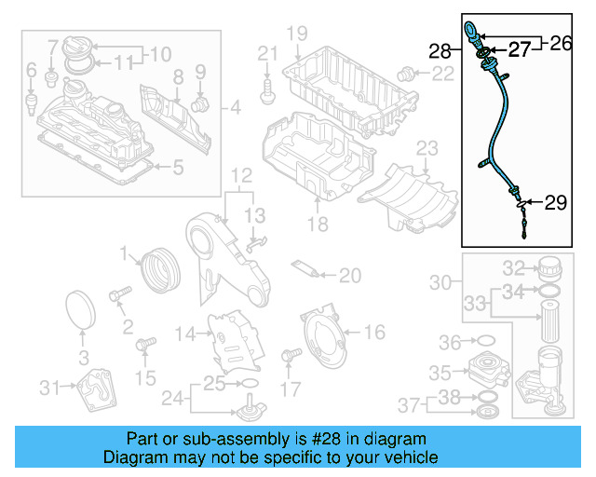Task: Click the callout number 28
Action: [x=440, y=50]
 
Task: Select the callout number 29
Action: [x=555, y=202]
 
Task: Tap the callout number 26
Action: [x=561, y=42]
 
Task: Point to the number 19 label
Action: [x=296, y=34]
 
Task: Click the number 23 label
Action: [x=427, y=148]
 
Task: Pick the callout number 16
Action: [x=373, y=331]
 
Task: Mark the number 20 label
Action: [x=349, y=275]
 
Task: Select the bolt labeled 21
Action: [x=268, y=89]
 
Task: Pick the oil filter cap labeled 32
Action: [x=550, y=270]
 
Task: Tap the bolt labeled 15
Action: [x=143, y=347]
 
